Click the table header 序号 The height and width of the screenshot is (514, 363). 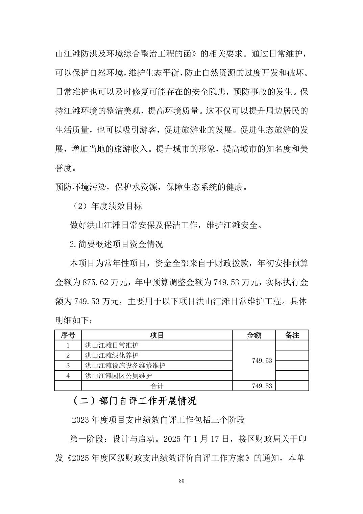click(x=68, y=335)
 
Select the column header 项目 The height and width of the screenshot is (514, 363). click(x=156, y=335)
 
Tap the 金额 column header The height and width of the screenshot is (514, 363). click(x=253, y=335)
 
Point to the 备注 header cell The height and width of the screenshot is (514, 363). click(x=292, y=335)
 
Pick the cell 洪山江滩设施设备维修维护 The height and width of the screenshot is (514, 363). click(x=125, y=366)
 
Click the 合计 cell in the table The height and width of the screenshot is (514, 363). click(x=156, y=386)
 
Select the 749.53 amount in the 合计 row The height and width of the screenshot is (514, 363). click(x=262, y=386)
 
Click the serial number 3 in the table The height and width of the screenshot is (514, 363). click(x=68, y=366)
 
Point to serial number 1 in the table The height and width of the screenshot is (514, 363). click(x=68, y=345)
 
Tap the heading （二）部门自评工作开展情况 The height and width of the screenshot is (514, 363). click(x=134, y=401)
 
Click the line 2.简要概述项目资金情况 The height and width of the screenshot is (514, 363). click(x=116, y=244)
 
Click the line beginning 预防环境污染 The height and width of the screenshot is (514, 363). click(x=151, y=187)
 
